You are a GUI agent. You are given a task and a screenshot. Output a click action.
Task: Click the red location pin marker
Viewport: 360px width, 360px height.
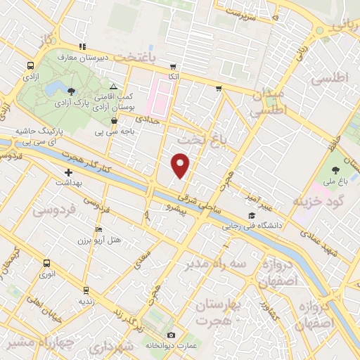(x=181, y=166)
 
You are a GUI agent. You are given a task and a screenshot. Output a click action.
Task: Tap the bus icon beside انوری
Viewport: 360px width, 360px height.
(x=47, y=264)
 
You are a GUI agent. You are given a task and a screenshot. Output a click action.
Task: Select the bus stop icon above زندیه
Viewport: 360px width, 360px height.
(x=86, y=290)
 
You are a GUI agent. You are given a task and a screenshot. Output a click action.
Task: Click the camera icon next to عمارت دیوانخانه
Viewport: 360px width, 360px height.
(x=171, y=335)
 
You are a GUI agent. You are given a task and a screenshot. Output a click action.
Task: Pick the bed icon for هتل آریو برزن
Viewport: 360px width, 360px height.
(x=99, y=230)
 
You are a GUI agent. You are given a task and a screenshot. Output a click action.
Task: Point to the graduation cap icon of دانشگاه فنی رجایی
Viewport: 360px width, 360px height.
(x=251, y=215)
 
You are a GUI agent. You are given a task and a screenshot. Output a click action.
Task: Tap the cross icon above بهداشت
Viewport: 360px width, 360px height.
(x=68, y=172)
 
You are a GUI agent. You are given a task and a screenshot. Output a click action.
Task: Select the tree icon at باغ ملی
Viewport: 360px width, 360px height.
(x=335, y=170)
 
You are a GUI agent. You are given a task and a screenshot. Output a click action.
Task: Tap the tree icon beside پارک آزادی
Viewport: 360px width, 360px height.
(x=71, y=91)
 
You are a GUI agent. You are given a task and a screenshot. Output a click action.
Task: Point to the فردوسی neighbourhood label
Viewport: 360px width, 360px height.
(x=51, y=210)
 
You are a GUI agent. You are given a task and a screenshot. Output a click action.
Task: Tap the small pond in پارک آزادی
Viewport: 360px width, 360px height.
(x=53, y=87)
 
